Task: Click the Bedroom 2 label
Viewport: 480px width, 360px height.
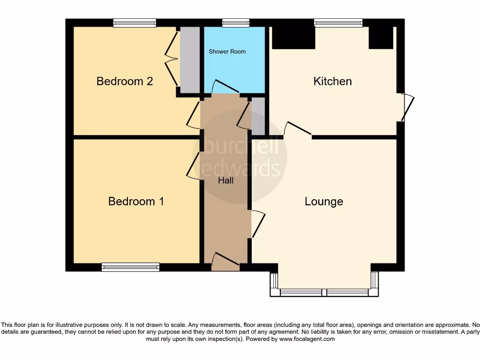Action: point(125,81)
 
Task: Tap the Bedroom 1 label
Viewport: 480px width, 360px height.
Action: point(136,201)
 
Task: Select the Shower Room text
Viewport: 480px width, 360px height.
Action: point(227,52)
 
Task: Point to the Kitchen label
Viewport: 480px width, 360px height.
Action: point(332,81)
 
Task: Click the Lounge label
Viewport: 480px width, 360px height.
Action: point(324,201)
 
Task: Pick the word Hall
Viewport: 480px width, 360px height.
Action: point(225,180)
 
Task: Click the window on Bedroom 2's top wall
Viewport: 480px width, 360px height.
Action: point(135,22)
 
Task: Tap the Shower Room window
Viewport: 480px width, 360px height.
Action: point(236,22)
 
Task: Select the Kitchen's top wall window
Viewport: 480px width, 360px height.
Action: point(338,22)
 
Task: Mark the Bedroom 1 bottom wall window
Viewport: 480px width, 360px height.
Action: point(131,267)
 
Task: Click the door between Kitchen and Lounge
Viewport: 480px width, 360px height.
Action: point(298,130)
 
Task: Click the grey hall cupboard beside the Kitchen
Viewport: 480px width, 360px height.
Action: point(258,116)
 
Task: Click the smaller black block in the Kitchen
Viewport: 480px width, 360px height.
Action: point(381,37)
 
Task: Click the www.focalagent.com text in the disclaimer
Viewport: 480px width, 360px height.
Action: point(307,339)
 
